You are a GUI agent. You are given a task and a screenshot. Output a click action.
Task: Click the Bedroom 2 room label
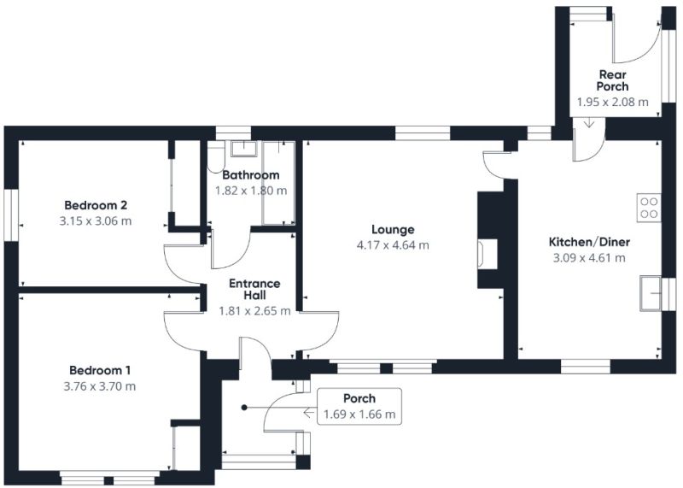tap(96, 205)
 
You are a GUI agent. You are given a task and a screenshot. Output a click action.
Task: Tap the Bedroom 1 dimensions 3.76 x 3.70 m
tap(100, 386)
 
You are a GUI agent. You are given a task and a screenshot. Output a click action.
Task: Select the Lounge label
tap(393, 230)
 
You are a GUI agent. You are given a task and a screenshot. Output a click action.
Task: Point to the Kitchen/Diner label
tap(589, 242)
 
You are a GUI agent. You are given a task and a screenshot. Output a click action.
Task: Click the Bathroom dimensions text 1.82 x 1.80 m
tap(251, 191)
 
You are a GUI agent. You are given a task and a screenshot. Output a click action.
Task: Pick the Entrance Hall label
tap(254, 290)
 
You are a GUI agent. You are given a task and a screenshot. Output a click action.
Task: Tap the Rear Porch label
tap(612, 80)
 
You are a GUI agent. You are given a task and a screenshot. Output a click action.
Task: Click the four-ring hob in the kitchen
tap(649, 208)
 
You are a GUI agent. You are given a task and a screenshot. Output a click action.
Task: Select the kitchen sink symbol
tap(651, 293)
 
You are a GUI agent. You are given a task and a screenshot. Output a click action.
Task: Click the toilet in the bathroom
tap(215, 159)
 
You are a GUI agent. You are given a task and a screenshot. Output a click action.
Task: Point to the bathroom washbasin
tap(244, 148)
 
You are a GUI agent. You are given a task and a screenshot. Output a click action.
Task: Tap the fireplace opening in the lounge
tap(487, 253)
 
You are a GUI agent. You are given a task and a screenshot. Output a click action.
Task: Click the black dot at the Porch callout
tap(244, 408)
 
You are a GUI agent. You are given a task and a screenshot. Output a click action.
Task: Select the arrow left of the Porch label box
tap(309, 413)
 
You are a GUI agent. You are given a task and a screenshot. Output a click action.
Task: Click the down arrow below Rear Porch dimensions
tap(589, 122)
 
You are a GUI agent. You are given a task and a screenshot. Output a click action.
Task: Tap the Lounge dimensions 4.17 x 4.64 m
tap(393, 245)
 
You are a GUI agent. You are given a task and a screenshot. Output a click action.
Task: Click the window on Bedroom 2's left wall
tap(12, 215)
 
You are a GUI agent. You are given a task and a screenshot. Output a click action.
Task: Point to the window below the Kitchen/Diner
tap(586, 367)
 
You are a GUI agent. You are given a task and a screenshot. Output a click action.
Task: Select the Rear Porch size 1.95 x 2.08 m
tap(612, 103)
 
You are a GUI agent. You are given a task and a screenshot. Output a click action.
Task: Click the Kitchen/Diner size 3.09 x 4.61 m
tap(589, 258)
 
